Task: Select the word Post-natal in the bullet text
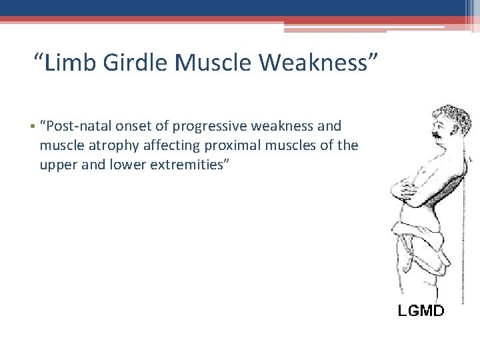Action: pos(75,126)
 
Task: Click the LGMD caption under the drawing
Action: pos(421,310)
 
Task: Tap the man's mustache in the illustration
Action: pos(438,135)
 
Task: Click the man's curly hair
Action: pos(453,115)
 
